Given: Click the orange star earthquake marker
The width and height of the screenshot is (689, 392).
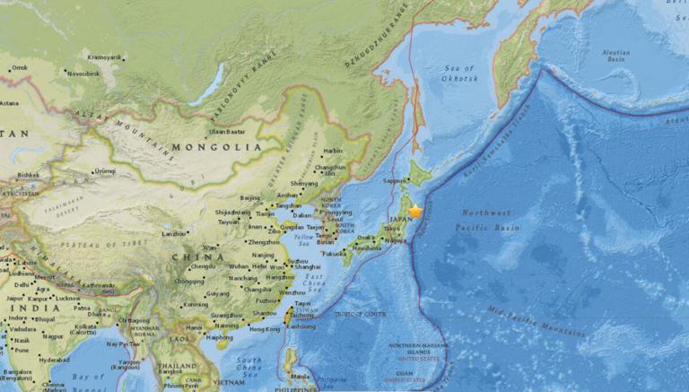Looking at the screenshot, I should point(415,212).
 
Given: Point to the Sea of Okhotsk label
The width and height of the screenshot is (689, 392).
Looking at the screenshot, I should point(458,74).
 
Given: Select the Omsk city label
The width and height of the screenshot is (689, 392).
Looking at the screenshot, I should point(19,67).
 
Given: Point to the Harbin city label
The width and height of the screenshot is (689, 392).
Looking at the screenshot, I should point(333,151).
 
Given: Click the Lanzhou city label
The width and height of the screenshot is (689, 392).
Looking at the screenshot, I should point(173,233).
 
